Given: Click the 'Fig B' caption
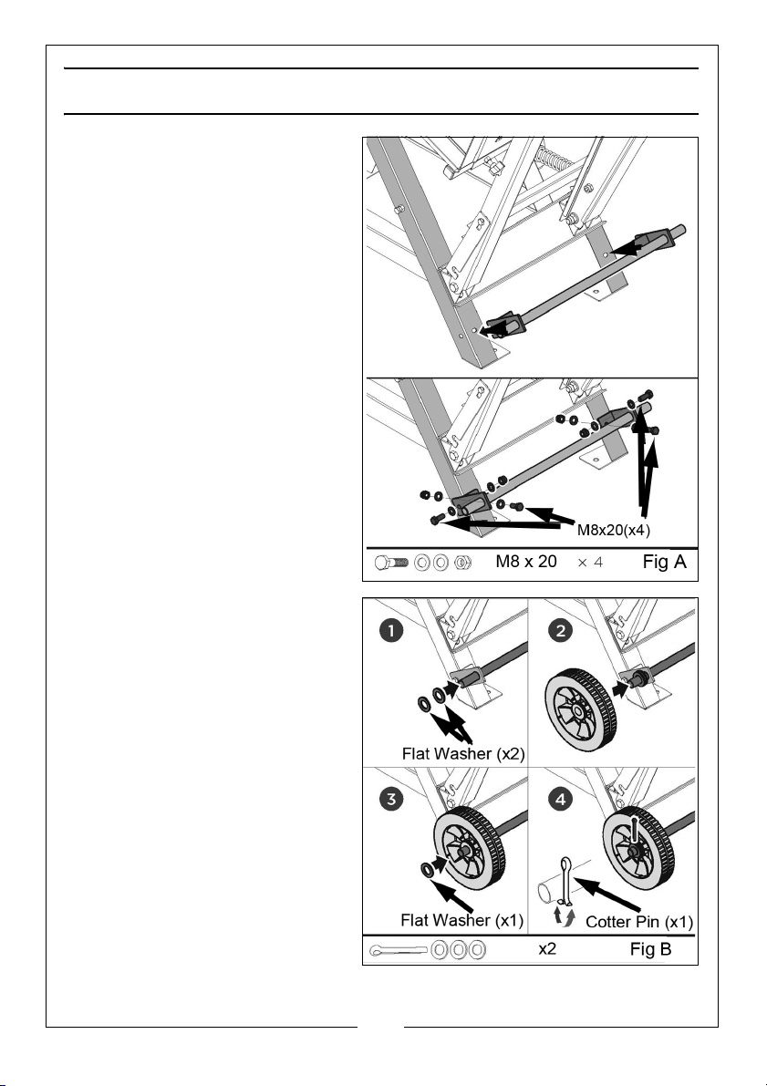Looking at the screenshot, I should click(x=650, y=948).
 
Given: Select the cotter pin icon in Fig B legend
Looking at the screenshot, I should click(x=398, y=949).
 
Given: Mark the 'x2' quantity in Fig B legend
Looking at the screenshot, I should click(x=547, y=948).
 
